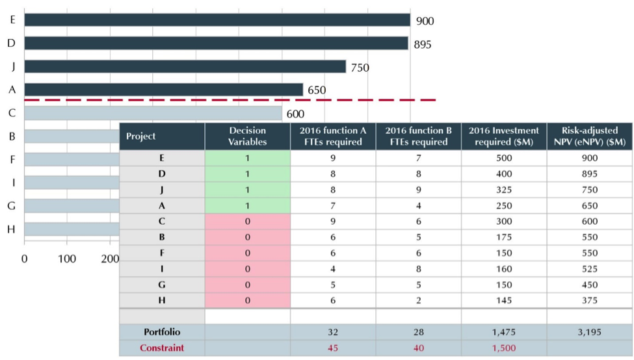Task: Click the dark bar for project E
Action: click(x=217, y=20)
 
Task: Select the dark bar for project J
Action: click(x=185, y=67)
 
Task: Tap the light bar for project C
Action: click(x=153, y=113)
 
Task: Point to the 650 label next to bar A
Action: click(x=316, y=90)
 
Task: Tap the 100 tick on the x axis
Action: click(x=67, y=259)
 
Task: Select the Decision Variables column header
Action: click(x=247, y=136)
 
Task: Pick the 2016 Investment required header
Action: click(x=504, y=136)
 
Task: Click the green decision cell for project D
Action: click(x=247, y=174)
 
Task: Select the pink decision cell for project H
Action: click(x=247, y=300)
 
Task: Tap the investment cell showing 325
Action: click(x=504, y=190)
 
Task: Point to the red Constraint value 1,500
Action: click(x=504, y=348)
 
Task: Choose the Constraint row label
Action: click(x=162, y=348)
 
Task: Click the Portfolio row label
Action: click(x=162, y=332)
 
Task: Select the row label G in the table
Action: click(x=162, y=285)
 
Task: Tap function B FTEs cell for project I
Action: click(x=419, y=269)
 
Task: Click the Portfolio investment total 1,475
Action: click(x=504, y=332)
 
